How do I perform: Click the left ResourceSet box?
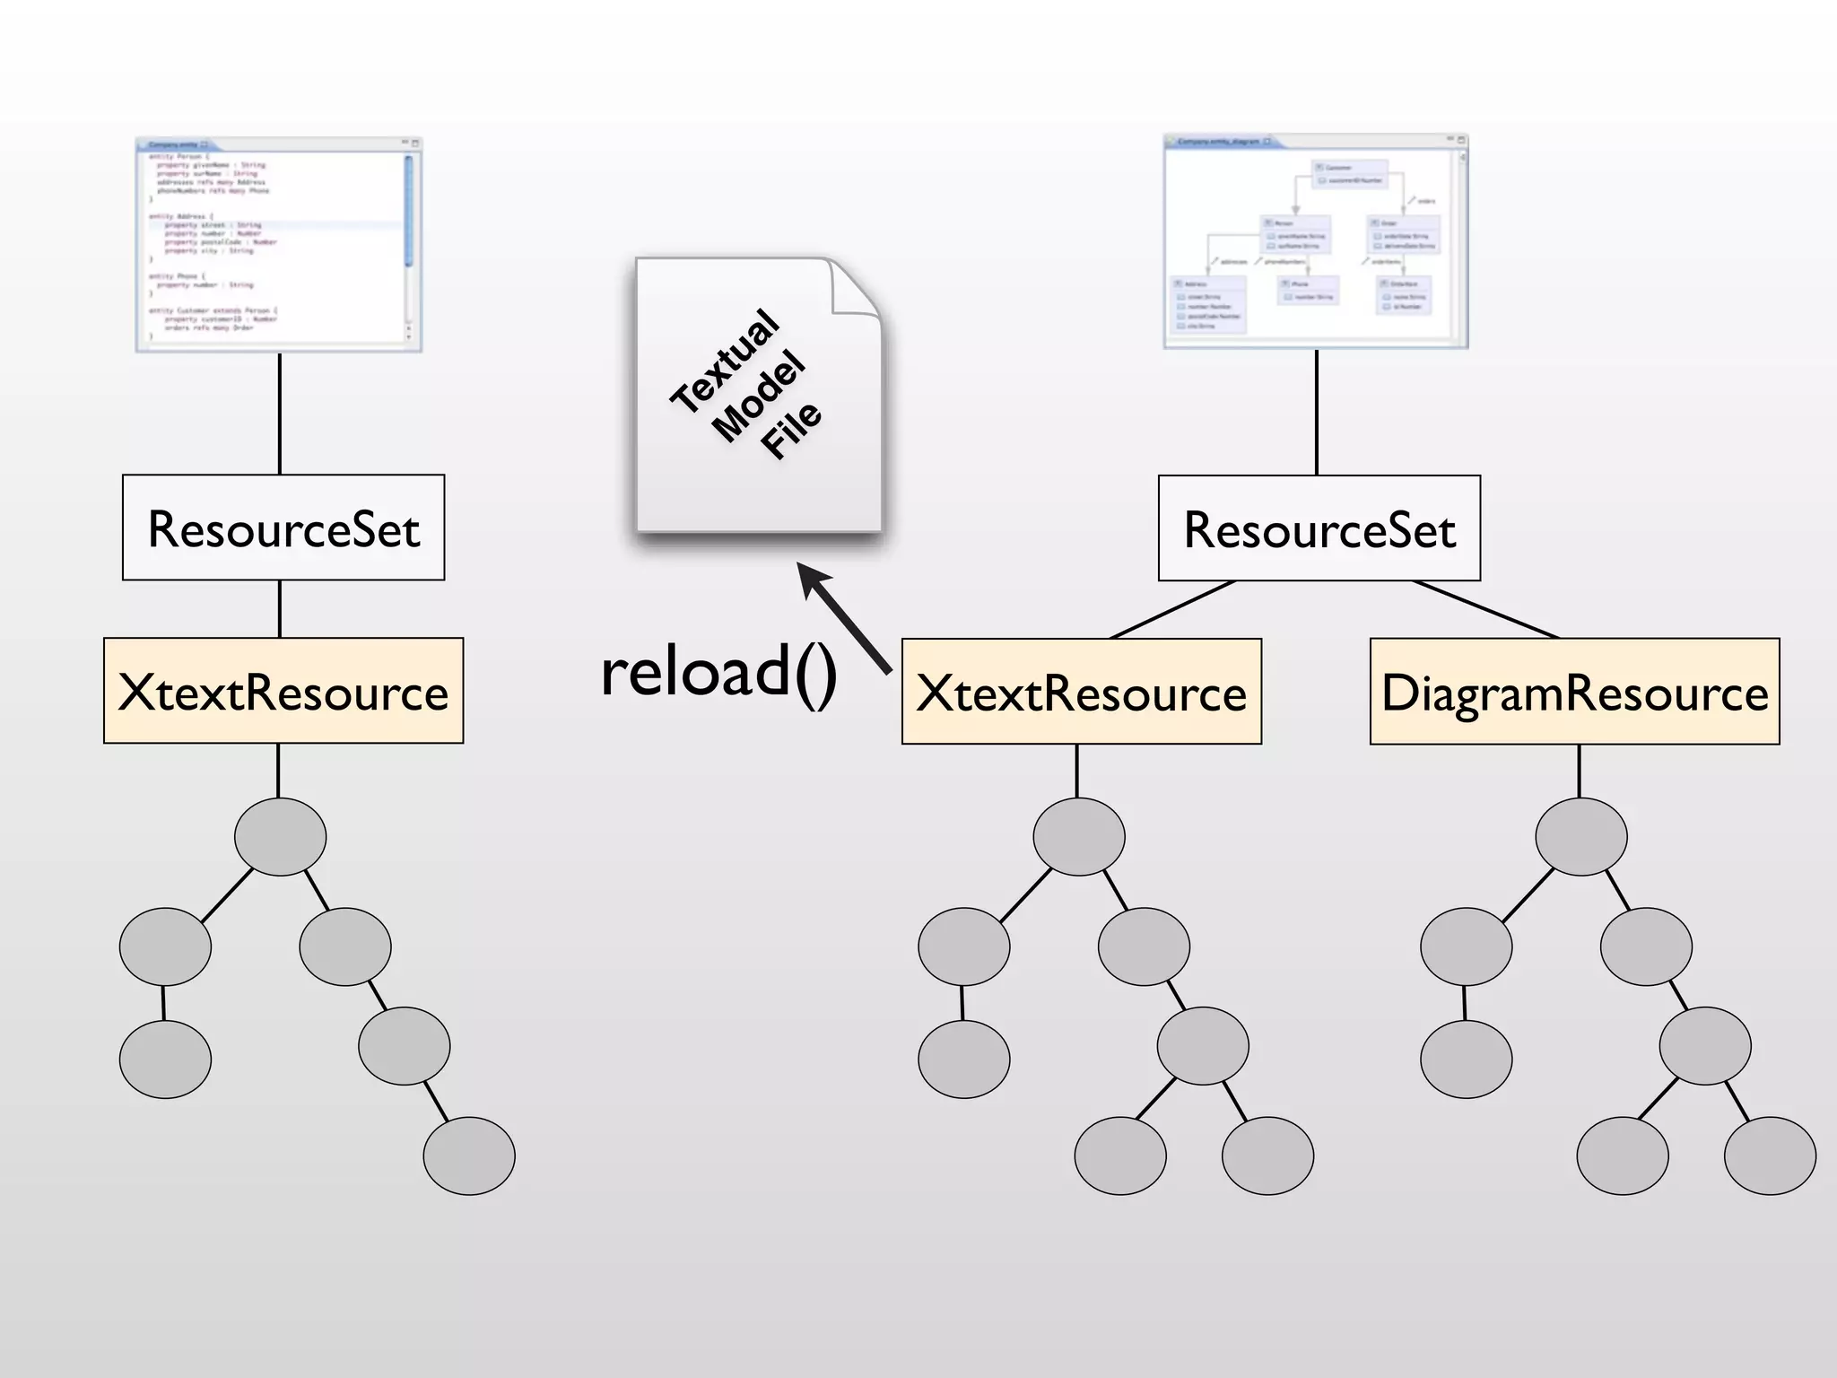point(283,528)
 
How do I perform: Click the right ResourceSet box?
point(1319,528)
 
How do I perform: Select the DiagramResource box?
point(1574,692)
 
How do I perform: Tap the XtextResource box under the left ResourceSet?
point(283,691)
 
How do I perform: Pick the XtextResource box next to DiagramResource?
point(1081,692)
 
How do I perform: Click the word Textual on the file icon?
point(725,361)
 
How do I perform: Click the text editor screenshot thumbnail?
point(279,244)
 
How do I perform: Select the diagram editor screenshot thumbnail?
point(1316,241)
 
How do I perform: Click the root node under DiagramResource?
point(1580,836)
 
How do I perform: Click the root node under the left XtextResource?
point(280,836)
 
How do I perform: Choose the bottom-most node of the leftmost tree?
point(469,1155)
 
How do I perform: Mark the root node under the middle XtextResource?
point(1078,836)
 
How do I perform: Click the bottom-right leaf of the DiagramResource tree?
point(1769,1155)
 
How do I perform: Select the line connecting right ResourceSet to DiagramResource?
point(1485,609)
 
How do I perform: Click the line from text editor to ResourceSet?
point(280,414)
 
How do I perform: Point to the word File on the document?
point(791,430)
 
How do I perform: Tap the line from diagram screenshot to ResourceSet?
point(1316,413)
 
